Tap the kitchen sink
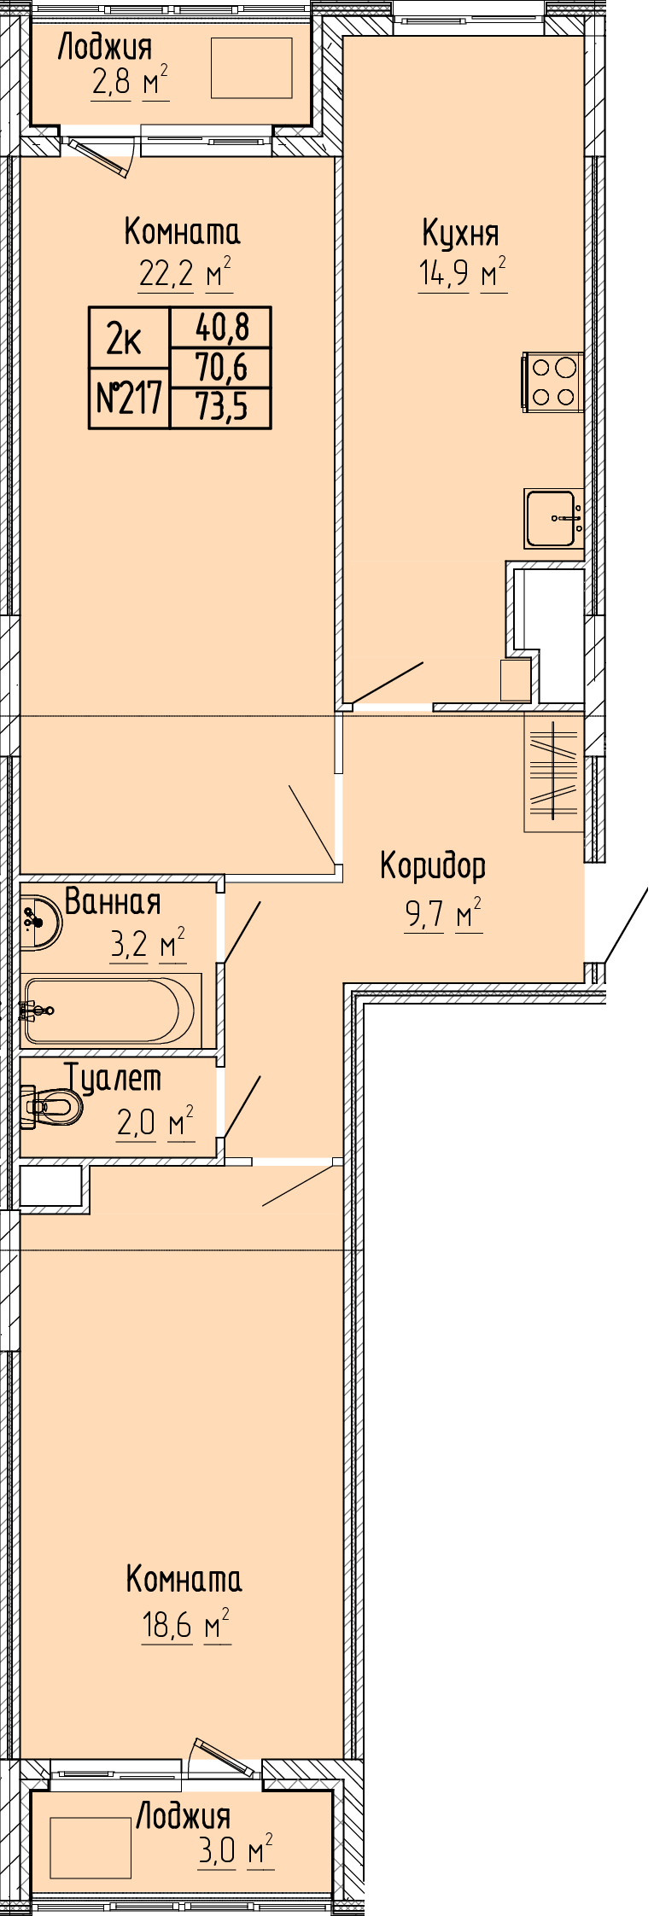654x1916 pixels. (x=554, y=518)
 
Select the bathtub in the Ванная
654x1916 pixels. (x=112, y=1010)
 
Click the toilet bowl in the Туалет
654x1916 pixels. (x=51, y=1108)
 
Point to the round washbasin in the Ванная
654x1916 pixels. (x=39, y=922)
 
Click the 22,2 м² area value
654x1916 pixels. (x=185, y=274)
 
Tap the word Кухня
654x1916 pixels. (x=460, y=233)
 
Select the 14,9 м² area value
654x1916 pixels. (x=462, y=274)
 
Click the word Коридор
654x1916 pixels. (x=433, y=866)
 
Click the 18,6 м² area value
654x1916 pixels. (x=186, y=1625)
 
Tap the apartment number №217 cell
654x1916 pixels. (x=130, y=398)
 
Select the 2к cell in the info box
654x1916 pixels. (x=130, y=338)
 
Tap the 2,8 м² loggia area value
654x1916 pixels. (x=130, y=84)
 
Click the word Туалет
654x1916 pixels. (x=113, y=1079)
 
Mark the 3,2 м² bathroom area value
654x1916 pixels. (x=148, y=945)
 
